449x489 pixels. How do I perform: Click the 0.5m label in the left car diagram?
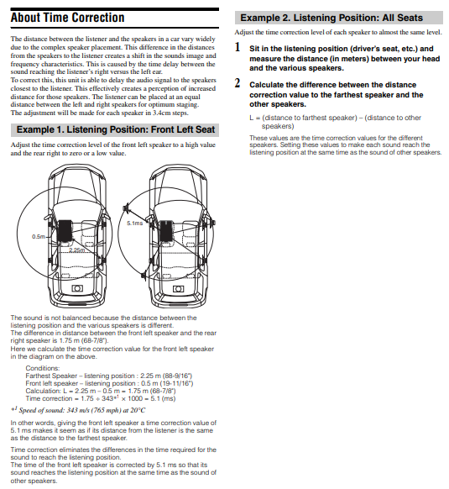tap(39, 237)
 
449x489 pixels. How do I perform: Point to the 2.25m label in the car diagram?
tap(76, 250)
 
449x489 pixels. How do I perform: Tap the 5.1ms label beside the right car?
tap(134, 223)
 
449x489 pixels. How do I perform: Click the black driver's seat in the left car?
tap(65, 230)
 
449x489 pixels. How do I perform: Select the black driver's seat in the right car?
tap(166, 231)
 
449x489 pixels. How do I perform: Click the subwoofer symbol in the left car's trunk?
tap(77, 288)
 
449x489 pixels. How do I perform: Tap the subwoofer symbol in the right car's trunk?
tap(178, 289)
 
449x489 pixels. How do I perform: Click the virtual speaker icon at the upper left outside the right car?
tap(127, 207)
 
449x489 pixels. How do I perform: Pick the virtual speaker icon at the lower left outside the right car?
tap(144, 276)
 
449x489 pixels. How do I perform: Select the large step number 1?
tap(238, 47)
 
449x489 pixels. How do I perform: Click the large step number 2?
tap(238, 83)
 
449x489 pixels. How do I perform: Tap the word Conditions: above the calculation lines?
tap(42, 368)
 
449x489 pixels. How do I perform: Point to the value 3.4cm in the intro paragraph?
tap(161, 113)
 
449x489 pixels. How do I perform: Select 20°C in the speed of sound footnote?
tap(138, 410)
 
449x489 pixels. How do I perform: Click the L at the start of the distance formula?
tap(251, 118)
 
